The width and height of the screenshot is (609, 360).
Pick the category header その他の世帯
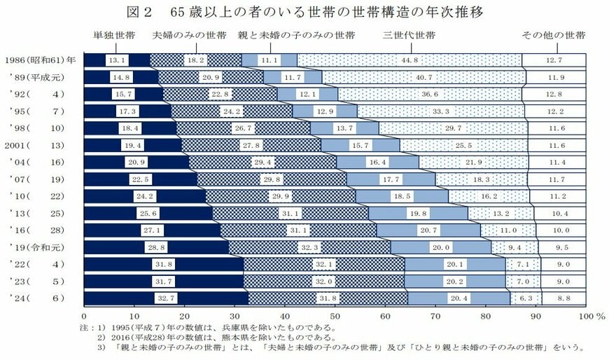click(553, 35)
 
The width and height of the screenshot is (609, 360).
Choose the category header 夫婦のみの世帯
click(189, 35)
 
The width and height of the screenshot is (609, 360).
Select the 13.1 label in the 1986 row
click(118, 60)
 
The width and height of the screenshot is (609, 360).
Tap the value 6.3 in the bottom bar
click(524, 297)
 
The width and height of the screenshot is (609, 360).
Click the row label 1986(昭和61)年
click(41, 61)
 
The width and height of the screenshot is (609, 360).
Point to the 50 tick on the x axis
click(335, 316)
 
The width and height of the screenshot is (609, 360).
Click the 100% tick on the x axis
click(588, 316)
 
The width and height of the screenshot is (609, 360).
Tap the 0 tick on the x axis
click(84, 316)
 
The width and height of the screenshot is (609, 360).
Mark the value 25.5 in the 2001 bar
click(465, 145)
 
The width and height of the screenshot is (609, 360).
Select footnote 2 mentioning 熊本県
click(217, 336)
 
